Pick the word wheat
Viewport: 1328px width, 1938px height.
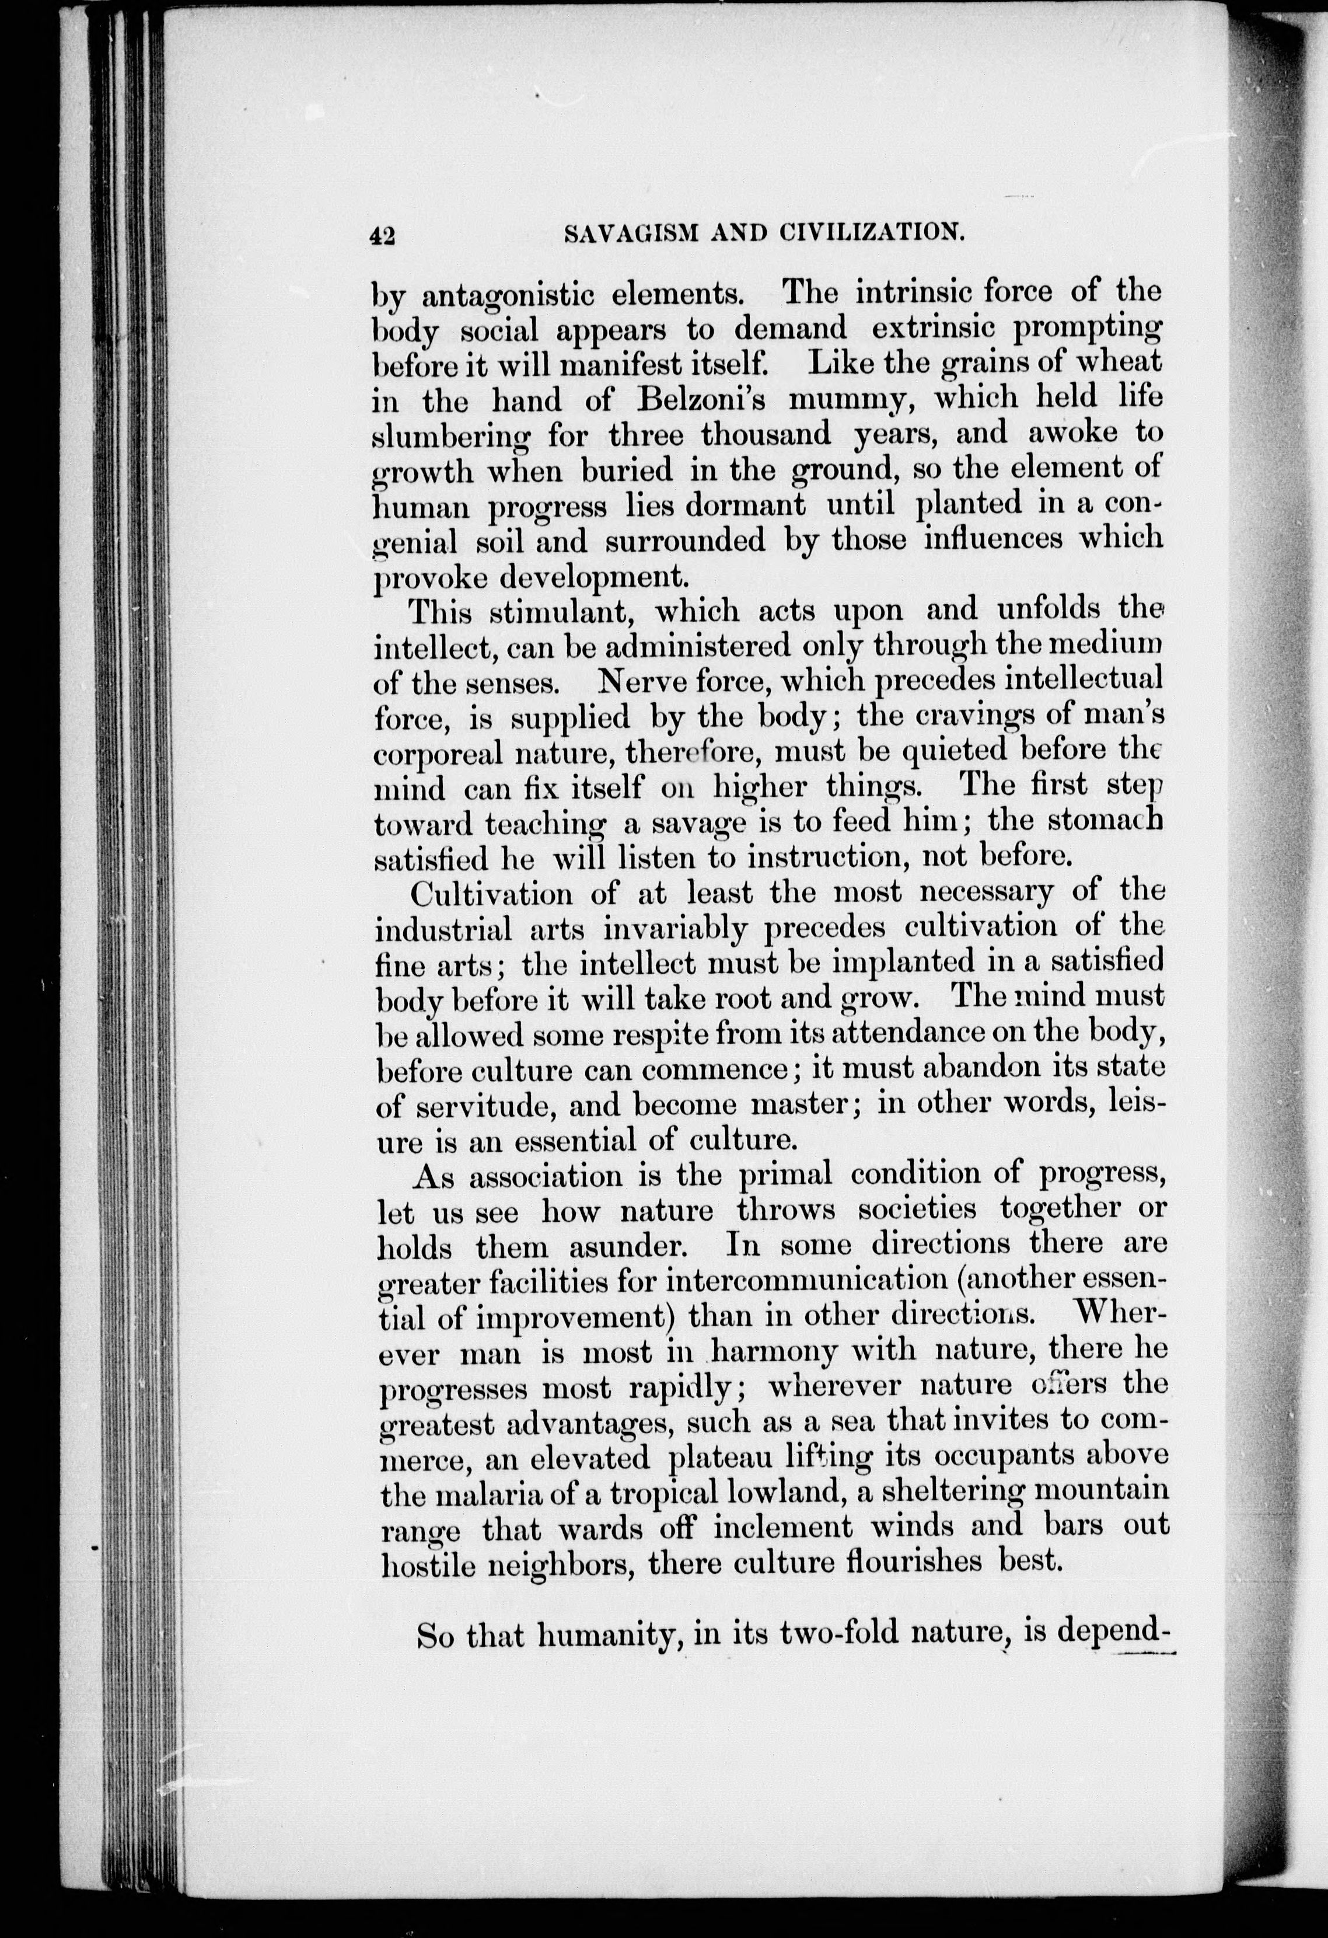coord(1114,362)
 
